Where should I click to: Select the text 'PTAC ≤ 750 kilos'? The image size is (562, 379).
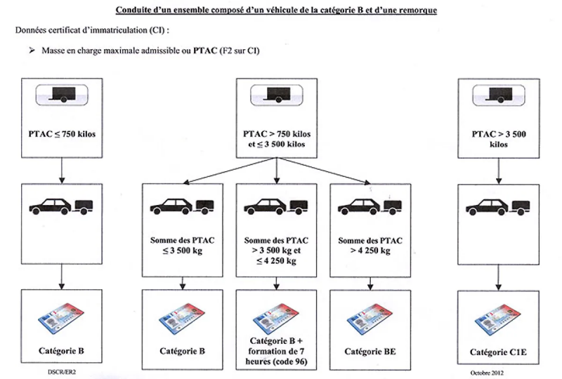tap(64, 133)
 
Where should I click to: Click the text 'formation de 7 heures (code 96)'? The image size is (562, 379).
tap(276, 357)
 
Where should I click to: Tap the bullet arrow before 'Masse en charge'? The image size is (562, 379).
tap(31, 52)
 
